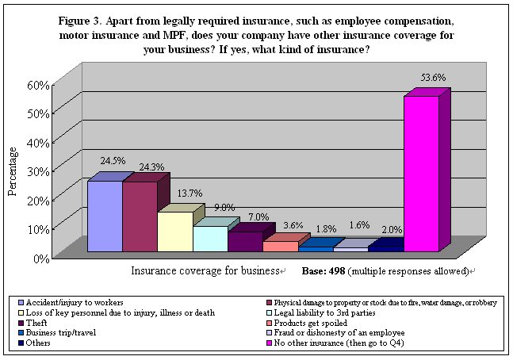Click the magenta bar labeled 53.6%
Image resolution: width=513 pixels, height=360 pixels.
point(421,174)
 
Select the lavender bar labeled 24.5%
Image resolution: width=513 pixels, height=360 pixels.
point(105,216)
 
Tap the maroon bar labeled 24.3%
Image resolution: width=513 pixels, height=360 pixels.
point(140,216)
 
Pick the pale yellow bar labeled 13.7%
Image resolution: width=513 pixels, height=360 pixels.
point(174,232)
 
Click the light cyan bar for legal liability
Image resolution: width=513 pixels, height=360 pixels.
point(209,239)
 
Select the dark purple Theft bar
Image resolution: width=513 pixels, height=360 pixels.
point(245,242)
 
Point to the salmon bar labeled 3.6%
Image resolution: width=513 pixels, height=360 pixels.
point(280,247)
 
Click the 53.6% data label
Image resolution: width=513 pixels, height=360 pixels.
point(434,78)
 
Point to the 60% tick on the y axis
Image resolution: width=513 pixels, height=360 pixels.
point(40,85)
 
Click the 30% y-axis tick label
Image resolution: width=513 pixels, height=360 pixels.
point(40,171)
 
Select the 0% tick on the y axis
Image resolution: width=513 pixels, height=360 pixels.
point(43,258)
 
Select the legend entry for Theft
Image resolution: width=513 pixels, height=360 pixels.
point(36,322)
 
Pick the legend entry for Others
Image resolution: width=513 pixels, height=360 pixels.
point(39,343)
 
